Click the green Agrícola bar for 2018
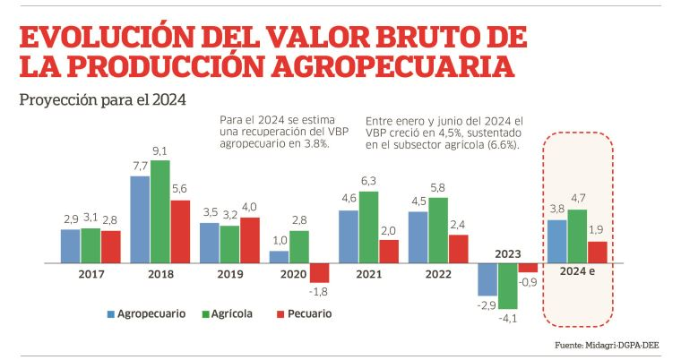pos(160,211)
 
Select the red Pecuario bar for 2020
pos(320,273)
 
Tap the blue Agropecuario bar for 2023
pos(487,279)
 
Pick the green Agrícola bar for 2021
pos(368,227)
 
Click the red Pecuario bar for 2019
pos(250,240)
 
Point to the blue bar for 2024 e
pos(556,242)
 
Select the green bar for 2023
pos(508,286)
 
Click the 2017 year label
pos(91,274)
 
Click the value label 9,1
pos(160,150)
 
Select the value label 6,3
pos(368,182)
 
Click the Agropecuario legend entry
pos(147,313)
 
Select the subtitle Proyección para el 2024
pos(102,99)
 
